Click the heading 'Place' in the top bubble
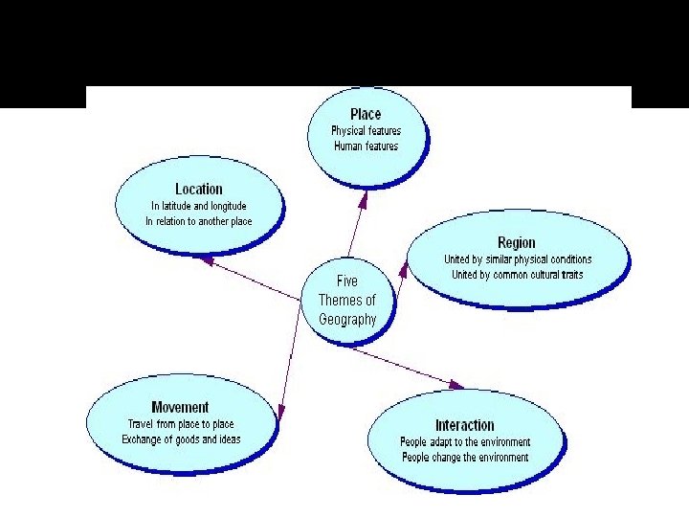point(366,114)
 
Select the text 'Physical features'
point(366,130)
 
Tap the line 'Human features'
point(366,146)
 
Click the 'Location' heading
point(199,190)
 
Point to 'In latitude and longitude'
point(199,206)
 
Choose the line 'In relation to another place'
point(199,221)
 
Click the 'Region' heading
point(517,243)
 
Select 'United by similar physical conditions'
point(518,259)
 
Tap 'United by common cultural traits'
point(518,275)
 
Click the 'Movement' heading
point(180,408)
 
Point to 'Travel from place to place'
point(181,424)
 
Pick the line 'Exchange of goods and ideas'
point(181,439)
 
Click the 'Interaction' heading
point(465,425)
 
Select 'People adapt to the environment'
point(465,442)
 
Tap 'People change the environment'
point(465,458)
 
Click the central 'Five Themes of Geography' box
point(347,300)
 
